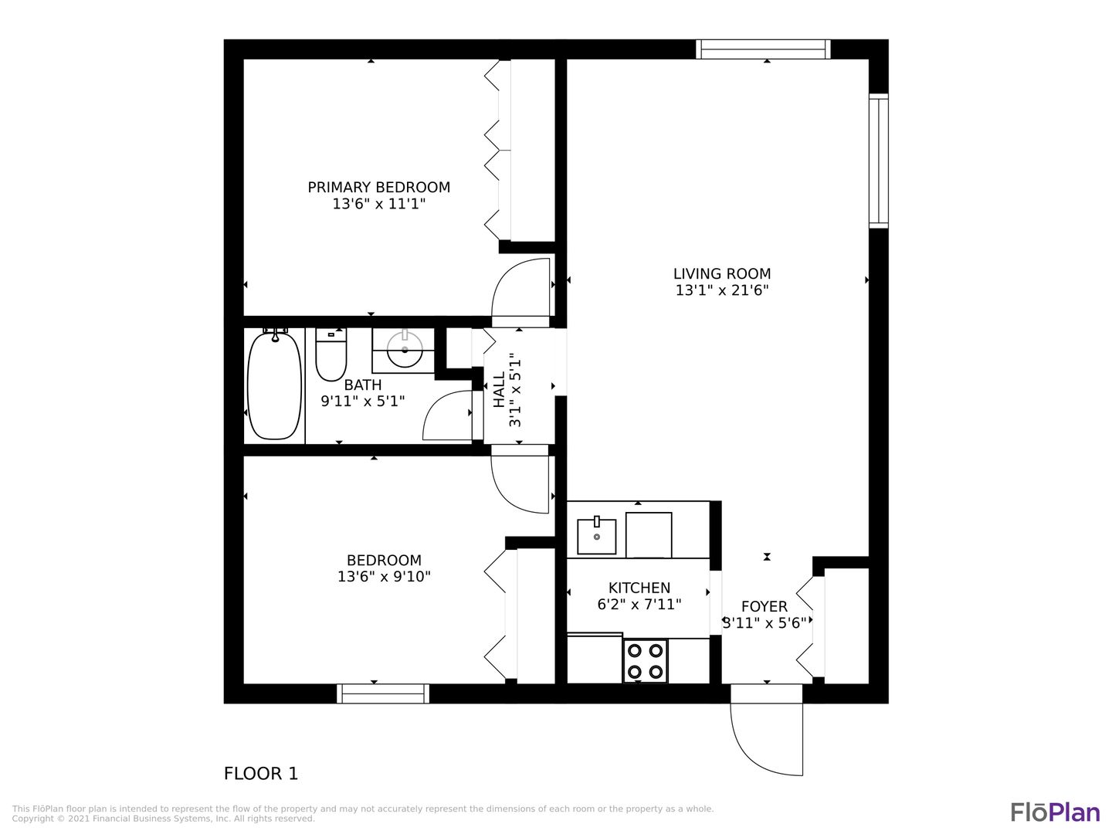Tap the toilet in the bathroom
coord(331,354)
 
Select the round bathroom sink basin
coord(405,350)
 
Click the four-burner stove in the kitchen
coord(645,661)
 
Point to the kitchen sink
coord(596,536)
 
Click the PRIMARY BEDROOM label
coord(379,188)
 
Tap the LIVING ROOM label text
coord(722,274)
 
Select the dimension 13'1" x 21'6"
coord(722,290)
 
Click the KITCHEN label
coord(639,588)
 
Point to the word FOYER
coord(764,607)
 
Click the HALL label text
coord(500,389)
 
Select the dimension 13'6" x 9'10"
coord(384,577)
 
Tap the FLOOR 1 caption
coord(261,774)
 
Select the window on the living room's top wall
coord(763,49)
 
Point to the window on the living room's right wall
coord(879,161)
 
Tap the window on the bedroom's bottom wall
coord(383,693)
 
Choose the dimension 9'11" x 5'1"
coord(363,402)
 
